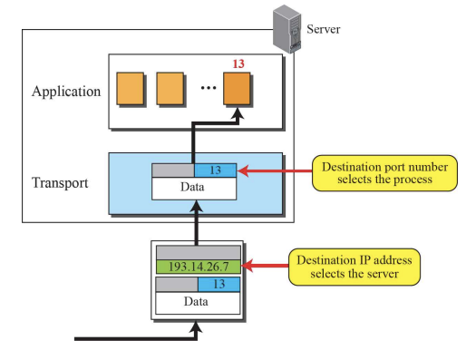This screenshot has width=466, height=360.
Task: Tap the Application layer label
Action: (x=65, y=92)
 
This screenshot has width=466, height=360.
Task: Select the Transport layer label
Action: (x=60, y=182)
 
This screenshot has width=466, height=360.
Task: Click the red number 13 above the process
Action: (x=238, y=64)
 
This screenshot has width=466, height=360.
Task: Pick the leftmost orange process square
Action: (x=131, y=89)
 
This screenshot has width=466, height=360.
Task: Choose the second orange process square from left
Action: (x=171, y=89)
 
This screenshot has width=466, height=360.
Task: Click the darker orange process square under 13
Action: (x=239, y=89)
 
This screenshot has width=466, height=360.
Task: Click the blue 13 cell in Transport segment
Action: (x=215, y=170)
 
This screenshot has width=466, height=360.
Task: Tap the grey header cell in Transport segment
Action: (x=172, y=170)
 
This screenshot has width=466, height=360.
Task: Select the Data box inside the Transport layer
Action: (x=194, y=187)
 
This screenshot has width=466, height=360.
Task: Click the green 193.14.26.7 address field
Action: (x=199, y=267)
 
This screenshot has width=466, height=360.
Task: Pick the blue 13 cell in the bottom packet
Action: (x=219, y=284)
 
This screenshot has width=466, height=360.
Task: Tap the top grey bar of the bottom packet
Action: (x=199, y=251)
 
